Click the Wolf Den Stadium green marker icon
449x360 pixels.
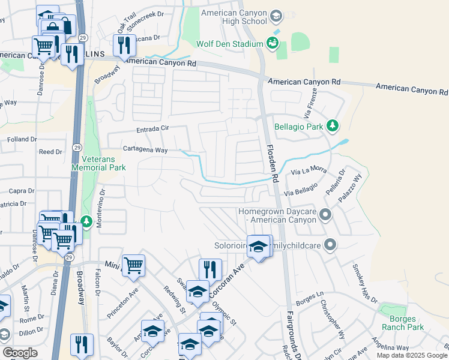(273, 43)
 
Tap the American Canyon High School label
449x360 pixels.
(234, 17)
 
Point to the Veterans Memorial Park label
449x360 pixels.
(98, 163)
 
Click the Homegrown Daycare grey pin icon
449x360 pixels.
(325, 214)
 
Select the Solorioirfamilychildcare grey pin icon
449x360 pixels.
(329, 244)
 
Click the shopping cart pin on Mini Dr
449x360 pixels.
(133, 265)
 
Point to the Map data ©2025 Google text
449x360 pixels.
(412, 355)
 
